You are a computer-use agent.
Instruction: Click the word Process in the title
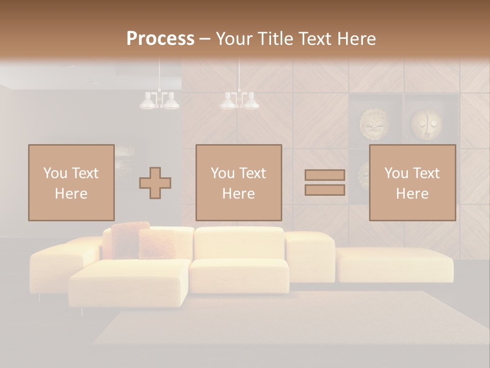160,39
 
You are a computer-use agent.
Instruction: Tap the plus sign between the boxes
155,183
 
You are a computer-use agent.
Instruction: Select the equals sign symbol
325,182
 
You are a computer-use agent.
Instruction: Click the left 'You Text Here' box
71,182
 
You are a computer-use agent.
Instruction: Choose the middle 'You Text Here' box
239,182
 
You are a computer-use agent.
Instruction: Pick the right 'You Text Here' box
412,182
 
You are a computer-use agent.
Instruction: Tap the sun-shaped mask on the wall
374,124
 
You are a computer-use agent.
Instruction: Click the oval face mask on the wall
427,124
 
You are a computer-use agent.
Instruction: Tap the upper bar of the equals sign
325,175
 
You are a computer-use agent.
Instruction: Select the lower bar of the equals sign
325,190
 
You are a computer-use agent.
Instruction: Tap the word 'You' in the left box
56,173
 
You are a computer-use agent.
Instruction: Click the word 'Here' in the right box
412,194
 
